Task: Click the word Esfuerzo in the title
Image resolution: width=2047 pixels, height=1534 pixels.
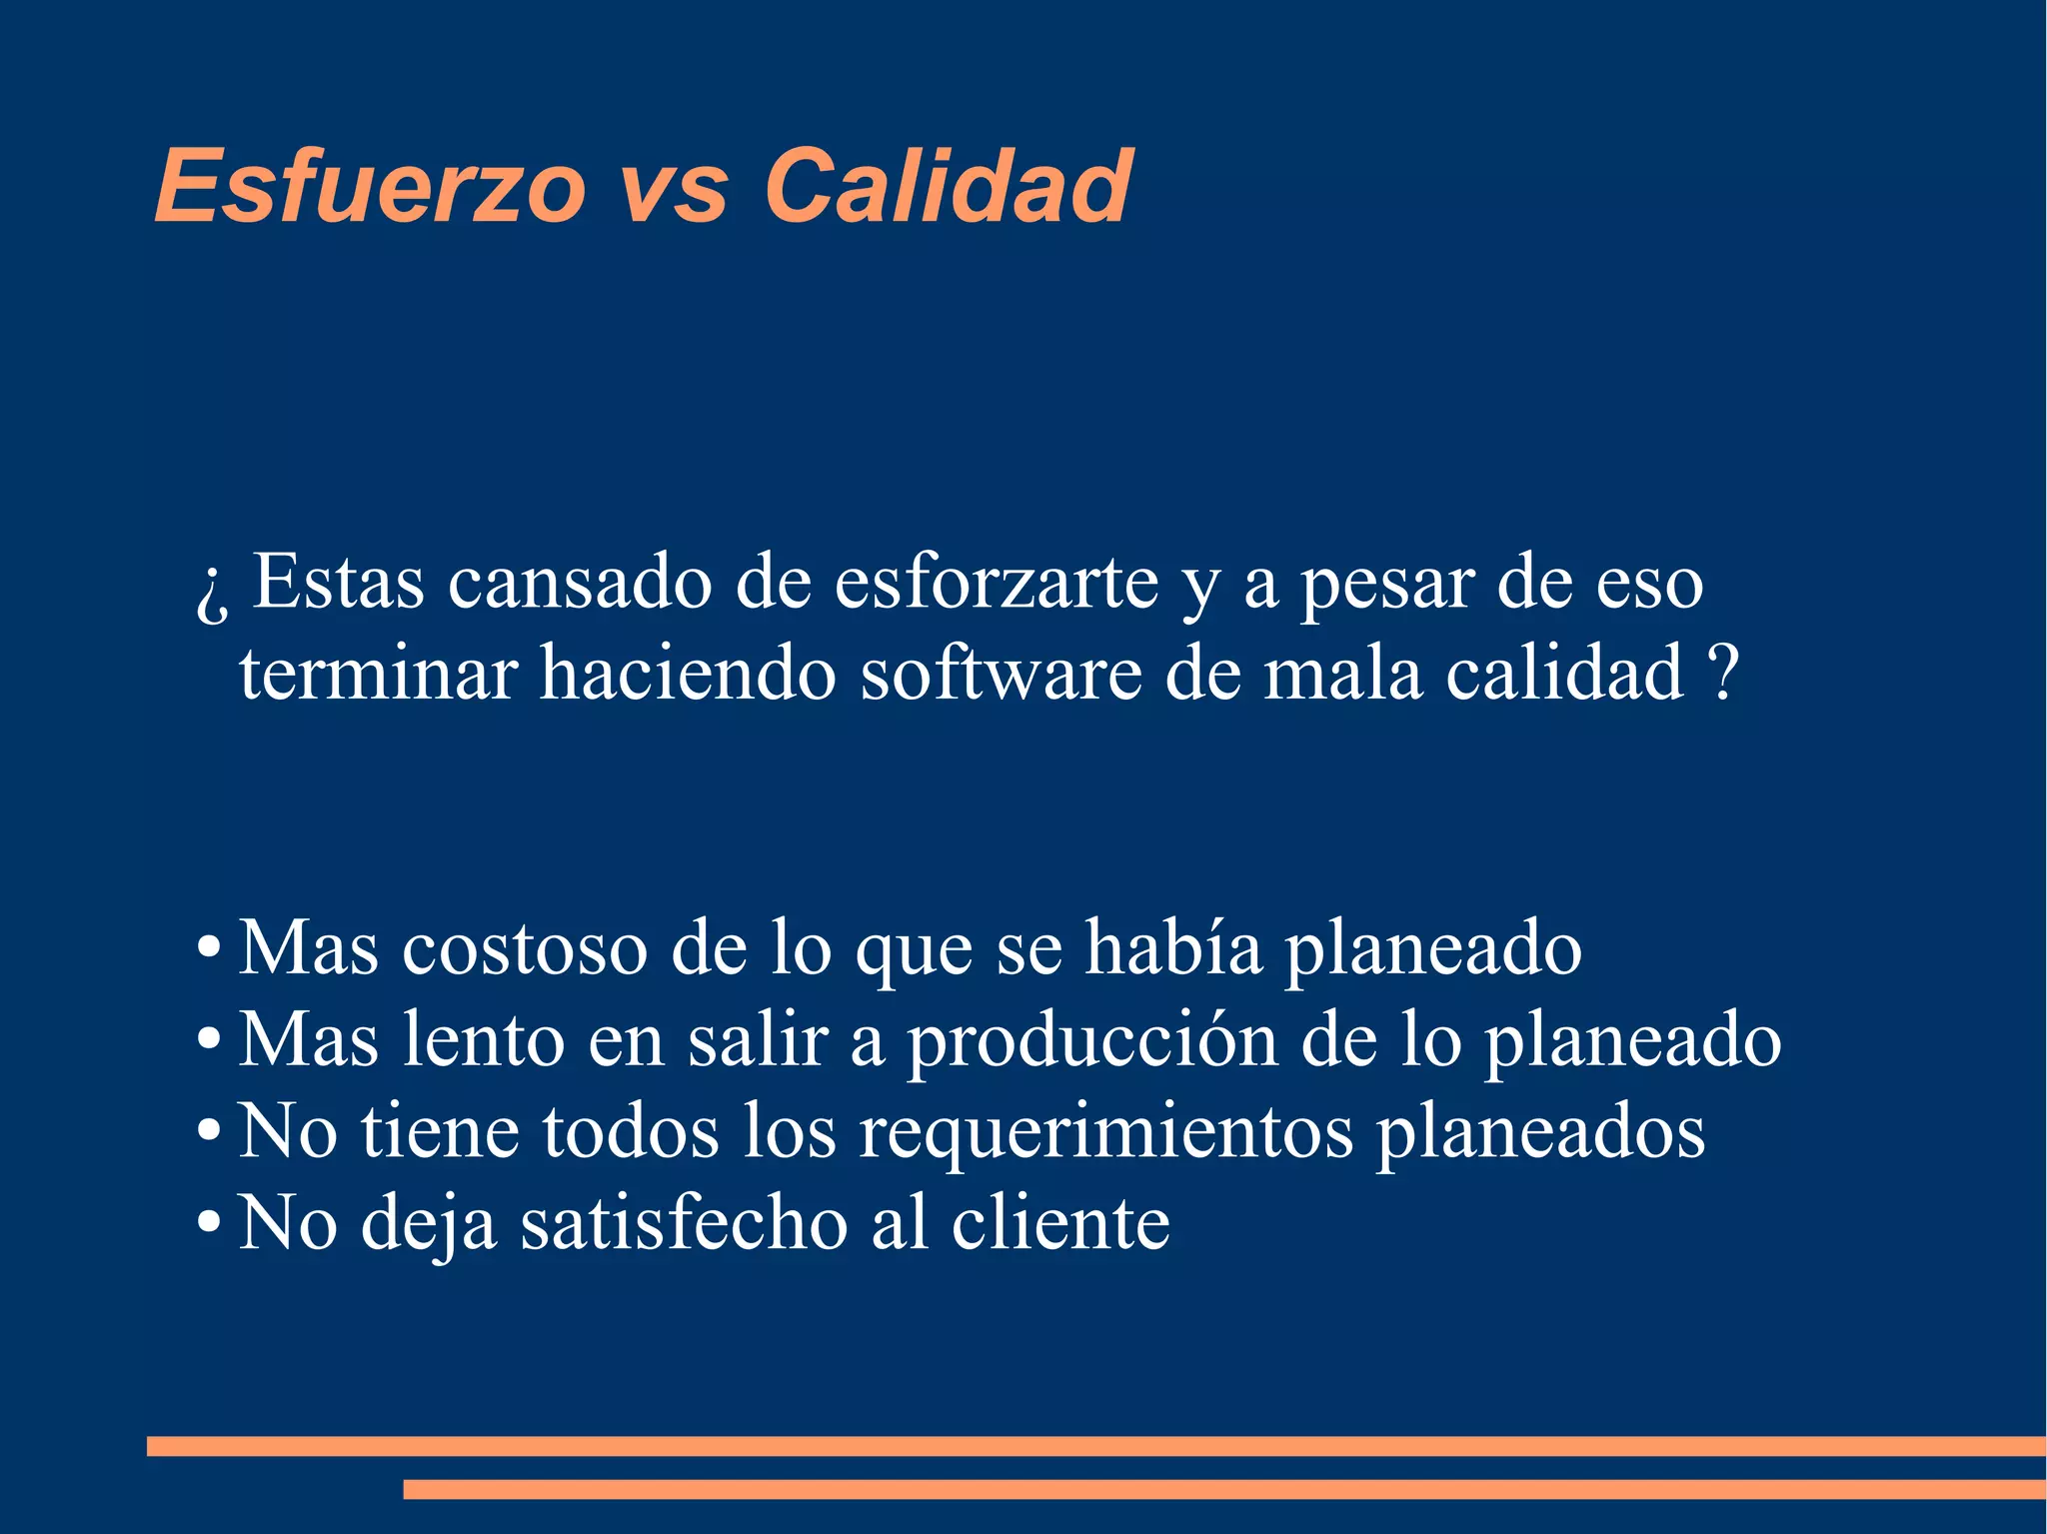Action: click(x=370, y=187)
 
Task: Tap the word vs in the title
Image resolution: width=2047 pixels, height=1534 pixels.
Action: click(x=675, y=187)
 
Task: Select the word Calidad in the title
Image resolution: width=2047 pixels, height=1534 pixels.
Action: click(x=948, y=187)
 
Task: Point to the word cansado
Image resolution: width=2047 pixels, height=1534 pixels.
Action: click(x=580, y=583)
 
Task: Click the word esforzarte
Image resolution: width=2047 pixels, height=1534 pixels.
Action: click(x=997, y=583)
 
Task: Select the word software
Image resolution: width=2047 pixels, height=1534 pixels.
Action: click(x=1002, y=674)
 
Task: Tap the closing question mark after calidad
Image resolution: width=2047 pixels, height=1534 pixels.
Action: click(x=1723, y=674)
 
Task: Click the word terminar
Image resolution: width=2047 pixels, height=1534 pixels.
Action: click(x=378, y=674)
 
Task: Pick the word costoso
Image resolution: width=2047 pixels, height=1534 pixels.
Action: click(x=525, y=948)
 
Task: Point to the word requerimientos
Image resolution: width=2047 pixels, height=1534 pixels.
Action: click(x=1106, y=1132)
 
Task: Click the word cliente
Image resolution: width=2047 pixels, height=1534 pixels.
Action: click(x=1060, y=1222)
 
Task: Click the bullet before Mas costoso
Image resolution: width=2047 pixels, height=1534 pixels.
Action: click(x=208, y=948)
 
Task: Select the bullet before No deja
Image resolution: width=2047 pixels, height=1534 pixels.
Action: click(x=208, y=1222)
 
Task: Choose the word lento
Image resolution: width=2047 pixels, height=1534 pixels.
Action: click(x=484, y=1040)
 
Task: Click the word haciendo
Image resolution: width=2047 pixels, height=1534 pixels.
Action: click(x=688, y=674)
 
